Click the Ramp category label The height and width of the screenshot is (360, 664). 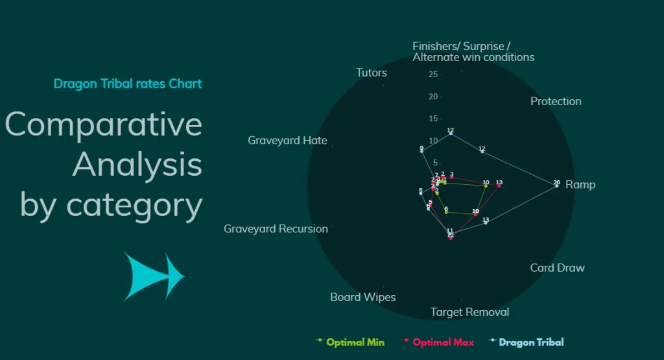pyautogui.click(x=580, y=185)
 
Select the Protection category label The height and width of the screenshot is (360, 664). pyautogui.click(x=556, y=101)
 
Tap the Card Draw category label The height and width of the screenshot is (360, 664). pyautogui.click(x=557, y=268)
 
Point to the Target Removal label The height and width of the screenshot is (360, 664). pyautogui.click(x=469, y=312)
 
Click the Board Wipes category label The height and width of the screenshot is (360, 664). pyautogui.click(x=362, y=297)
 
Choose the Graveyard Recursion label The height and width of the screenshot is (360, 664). pyautogui.click(x=276, y=229)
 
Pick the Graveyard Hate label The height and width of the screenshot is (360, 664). pyautogui.click(x=287, y=140)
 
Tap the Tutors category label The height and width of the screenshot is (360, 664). pyautogui.click(x=372, y=73)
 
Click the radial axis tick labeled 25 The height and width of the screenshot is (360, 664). pyautogui.click(x=433, y=75)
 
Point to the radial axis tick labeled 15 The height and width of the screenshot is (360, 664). pyautogui.click(x=433, y=119)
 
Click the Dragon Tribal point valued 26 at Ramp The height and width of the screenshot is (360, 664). pyautogui.click(x=556, y=186)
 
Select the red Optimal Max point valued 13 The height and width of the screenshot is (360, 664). pyautogui.click(x=499, y=186)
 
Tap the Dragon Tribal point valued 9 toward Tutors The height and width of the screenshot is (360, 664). pyautogui.click(x=421, y=152)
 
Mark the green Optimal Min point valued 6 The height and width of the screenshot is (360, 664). pyautogui.click(x=446, y=212)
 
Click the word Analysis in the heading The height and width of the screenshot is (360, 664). pyautogui.click(x=137, y=165)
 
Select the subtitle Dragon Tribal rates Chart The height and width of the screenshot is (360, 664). pyautogui.click(x=128, y=84)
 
